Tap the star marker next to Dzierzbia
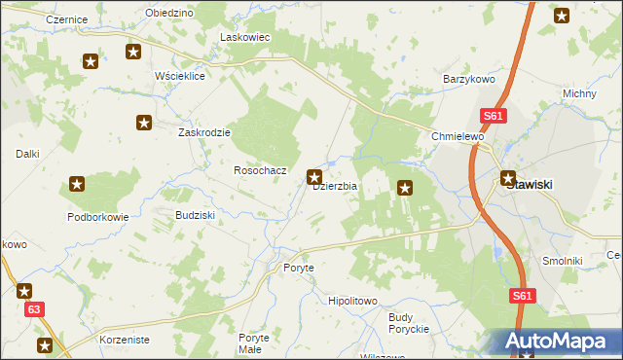(x=314, y=177)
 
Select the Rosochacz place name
(x=260, y=170)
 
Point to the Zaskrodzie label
(x=203, y=132)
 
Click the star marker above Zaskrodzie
(x=144, y=123)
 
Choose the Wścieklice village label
(x=180, y=76)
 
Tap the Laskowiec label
(x=245, y=37)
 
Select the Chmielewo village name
(x=458, y=137)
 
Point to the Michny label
(x=579, y=93)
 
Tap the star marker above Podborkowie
(x=77, y=183)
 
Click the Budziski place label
(x=194, y=214)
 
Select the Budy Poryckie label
(x=409, y=323)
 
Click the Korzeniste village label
(x=125, y=341)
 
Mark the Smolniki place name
(x=563, y=261)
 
